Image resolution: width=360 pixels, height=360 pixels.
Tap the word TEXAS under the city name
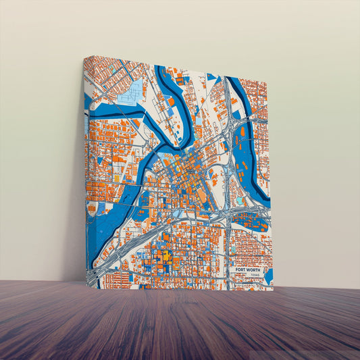pyautogui.click(x=253, y=276)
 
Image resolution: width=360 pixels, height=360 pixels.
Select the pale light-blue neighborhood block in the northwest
pyautogui.click(x=132, y=94)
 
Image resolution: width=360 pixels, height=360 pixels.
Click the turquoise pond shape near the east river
pyautogui.click(x=240, y=201)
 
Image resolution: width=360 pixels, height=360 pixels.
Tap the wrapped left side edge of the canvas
pyautogui.click(x=86, y=169)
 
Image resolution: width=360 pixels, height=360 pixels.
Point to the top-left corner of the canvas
pyautogui.click(x=85, y=57)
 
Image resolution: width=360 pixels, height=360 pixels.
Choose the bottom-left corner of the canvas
pyautogui.click(x=88, y=286)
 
